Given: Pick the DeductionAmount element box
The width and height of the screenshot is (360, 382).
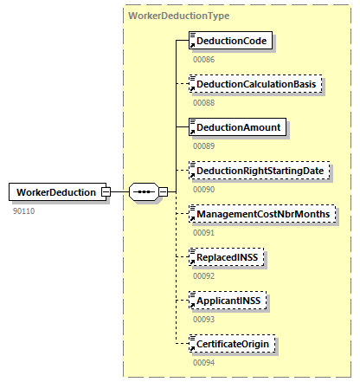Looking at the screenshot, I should click(x=238, y=127).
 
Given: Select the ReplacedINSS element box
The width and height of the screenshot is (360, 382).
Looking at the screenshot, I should click(x=228, y=257).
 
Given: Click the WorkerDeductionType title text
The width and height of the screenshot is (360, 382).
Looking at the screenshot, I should click(x=178, y=16).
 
